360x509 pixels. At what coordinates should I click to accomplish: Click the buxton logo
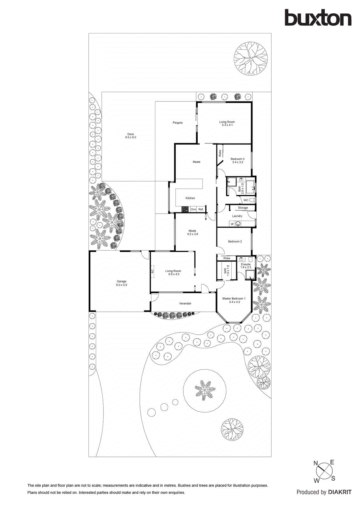click(x=318, y=17)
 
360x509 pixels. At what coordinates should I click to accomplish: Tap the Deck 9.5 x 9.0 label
click(x=131, y=136)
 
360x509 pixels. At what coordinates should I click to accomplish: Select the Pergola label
click(x=178, y=122)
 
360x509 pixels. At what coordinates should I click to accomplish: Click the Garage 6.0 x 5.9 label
click(x=122, y=283)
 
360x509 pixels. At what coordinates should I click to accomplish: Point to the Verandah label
click(x=185, y=303)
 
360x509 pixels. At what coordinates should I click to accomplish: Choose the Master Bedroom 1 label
click(x=234, y=300)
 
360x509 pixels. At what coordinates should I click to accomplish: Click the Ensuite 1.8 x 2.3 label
click(x=246, y=266)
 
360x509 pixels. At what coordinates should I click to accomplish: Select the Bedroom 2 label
click(x=235, y=241)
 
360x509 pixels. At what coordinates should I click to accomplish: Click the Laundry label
click(x=237, y=216)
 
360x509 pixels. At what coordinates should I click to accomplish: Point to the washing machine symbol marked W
click(x=232, y=224)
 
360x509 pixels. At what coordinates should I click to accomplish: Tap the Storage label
click(x=243, y=208)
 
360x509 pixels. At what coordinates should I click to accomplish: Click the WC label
click(x=246, y=200)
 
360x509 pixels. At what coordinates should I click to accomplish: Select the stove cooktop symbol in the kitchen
click(x=185, y=209)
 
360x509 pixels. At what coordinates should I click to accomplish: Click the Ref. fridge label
click(x=201, y=209)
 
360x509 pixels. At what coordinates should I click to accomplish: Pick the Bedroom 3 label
click(x=237, y=160)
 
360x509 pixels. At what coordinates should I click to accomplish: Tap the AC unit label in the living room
click(x=152, y=271)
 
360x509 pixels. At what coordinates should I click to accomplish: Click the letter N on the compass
click(x=316, y=463)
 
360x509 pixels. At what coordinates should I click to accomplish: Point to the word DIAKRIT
click(x=340, y=492)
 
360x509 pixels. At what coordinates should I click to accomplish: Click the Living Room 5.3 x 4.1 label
click(x=227, y=123)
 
